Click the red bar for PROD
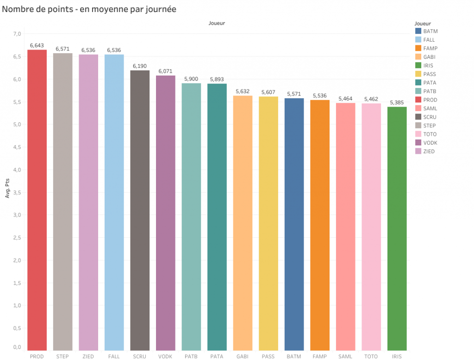pos(37,200)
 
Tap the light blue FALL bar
pos(114,202)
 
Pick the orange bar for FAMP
pos(319,225)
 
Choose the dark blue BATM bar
pos(294,224)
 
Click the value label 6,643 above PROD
pos(37,45)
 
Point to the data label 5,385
pos(397,102)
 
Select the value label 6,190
pos(140,66)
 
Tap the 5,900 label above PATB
pos(191,79)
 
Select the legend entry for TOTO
pos(430,134)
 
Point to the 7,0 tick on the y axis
pos(17,34)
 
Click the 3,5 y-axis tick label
pos(17,192)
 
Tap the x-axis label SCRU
pos(139,356)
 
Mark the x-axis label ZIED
pos(88,356)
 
